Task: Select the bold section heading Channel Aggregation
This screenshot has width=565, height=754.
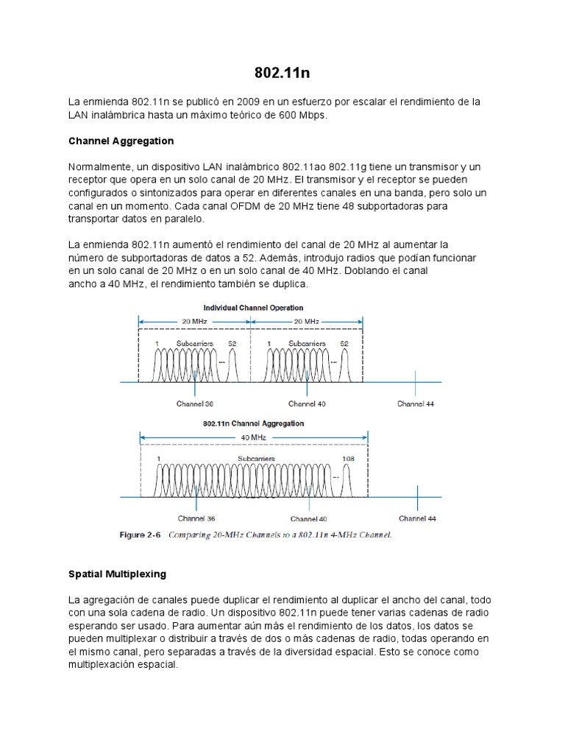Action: point(121,141)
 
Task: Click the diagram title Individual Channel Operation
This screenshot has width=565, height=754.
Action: point(252,308)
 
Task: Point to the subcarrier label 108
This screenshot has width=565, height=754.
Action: point(349,459)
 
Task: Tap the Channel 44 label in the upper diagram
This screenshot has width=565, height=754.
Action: point(416,404)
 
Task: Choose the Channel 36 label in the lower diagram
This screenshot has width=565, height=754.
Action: point(196,518)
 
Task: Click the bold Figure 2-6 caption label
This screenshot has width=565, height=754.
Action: point(141,535)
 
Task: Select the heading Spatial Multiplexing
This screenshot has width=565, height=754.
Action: point(117,574)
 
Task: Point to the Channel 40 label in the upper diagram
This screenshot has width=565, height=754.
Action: point(307,404)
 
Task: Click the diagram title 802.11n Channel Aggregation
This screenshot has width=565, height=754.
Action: point(252,423)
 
